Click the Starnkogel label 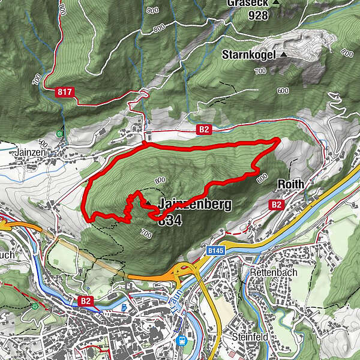tap(248, 55)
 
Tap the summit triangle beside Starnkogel tap(283, 55)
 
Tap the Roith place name tap(291, 184)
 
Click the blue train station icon tap(181, 340)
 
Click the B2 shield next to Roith tap(277, 205)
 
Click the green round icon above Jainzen tap(59, 134)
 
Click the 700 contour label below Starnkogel tap(260, 71)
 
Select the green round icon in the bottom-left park tap(35, 306)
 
